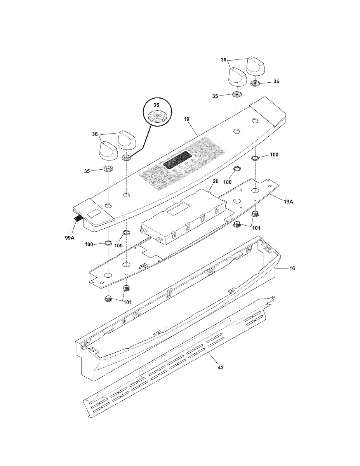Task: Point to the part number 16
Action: pos(292,268)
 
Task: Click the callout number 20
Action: pos(216,181)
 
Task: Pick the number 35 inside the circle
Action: pos(156,105)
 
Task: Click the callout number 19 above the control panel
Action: pos(187,119)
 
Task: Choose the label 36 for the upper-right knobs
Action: pos(223,60)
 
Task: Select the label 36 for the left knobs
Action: pos(94,134)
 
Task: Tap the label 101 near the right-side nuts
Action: pos(256,228)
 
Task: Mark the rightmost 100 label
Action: pos(274,155)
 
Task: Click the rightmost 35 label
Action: pos(276,82)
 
